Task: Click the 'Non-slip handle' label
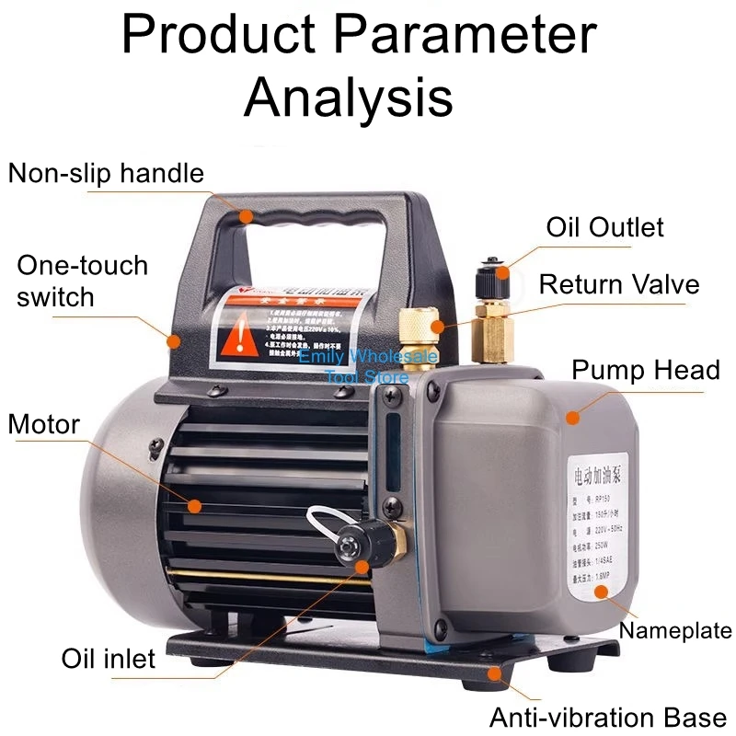(x=106, y=173)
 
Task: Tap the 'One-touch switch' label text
(x=82, y=281)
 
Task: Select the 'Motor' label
(x=44, y=424)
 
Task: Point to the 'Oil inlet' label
(x=108, y=659)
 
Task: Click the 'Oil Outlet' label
(x=604, y=226)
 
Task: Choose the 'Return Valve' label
(x=618, y=283)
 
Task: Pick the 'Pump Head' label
(x=645, y=370)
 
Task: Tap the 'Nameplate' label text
(x=675, y=630)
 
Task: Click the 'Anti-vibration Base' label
(x=608, y=717)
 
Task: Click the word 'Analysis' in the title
(x=349, y=98)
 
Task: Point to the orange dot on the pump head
(x=572, y=417)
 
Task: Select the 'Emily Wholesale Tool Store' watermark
(x=368, y=364)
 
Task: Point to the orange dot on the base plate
(x=496, y=673)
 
